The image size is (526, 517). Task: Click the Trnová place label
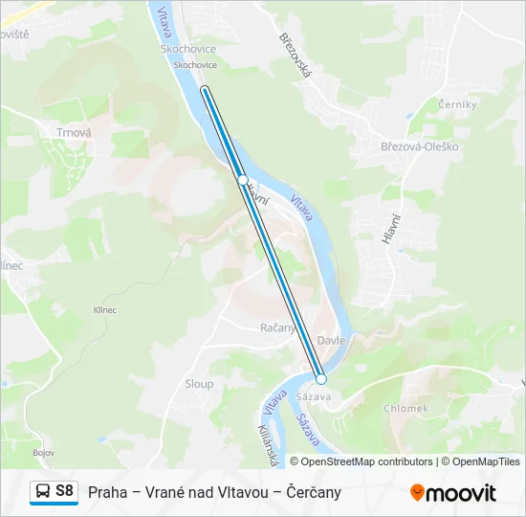pyautogui.click(x=74, y=133)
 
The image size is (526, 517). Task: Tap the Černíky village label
pyautogui.click(x=450, y=103)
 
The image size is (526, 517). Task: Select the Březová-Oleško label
pyautogui.click(x=420, y=146)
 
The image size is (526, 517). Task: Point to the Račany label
pyautogui.click(x=278, y=327)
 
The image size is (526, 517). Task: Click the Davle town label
pyautogui.click(x=331, y=340)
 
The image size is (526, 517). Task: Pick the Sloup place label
pyautogui.click(x=199, y=383)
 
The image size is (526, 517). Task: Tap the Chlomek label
pyautogui.click(x=405, y=408)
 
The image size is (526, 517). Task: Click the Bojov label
pyautogui.click(x=42, y=452)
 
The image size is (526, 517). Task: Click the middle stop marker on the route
pyautogui.click(x=244, y=180)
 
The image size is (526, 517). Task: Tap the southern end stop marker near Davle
pyautogui.click(x=321, y=379)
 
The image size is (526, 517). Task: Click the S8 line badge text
pyautogui.click(x=64, y=491)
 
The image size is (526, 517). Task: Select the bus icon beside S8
pyautogui.click(x=43, y=492)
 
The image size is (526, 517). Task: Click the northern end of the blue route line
pyautogui.click(x=205, y=90)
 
